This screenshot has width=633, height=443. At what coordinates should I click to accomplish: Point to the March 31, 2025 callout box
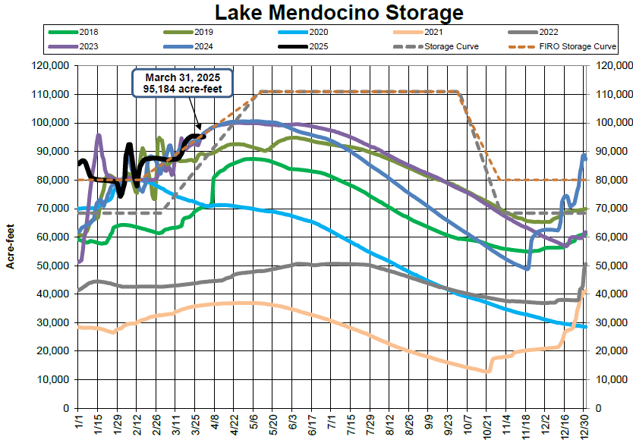coord(181,83)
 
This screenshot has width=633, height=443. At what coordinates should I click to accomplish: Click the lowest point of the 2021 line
coord(487,372)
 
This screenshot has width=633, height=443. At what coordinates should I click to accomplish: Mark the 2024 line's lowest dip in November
coord(527,268)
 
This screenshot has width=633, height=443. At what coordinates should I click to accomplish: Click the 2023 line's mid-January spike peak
coord(98,135)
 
